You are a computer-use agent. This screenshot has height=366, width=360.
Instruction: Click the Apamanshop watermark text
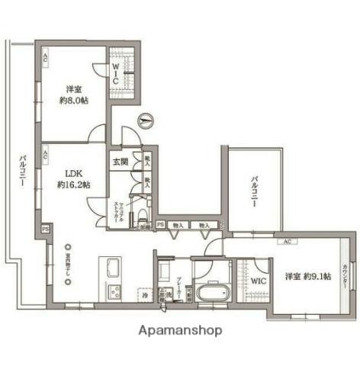(181, 331)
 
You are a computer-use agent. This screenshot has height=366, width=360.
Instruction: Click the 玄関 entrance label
(121, 162)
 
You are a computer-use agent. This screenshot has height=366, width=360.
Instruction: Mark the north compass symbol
(146, 120)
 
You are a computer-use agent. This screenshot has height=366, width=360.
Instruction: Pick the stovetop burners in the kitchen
(114, 292)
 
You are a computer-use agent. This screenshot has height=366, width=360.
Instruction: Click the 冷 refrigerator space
(143, 294)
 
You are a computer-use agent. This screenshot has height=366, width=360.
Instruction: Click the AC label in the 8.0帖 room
(46, 57)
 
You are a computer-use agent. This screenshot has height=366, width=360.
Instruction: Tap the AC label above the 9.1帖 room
(288, 242)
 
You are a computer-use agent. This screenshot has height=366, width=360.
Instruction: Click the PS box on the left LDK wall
(46, 228)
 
